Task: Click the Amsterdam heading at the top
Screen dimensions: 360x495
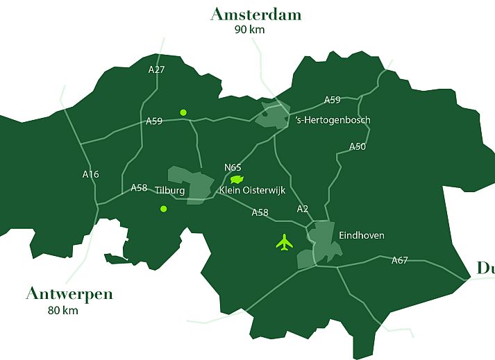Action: [x=255, y=15]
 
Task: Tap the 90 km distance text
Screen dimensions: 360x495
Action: [x=250, y=30]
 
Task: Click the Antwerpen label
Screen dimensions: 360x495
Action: [x=69, y=293]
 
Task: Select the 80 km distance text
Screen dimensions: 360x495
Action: [x=63, y=310]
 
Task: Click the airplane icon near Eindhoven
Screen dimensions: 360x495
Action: [x=285, y=243]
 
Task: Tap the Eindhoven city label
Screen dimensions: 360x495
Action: [x=361, y=236]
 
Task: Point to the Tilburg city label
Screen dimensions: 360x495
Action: [x=170, y=190]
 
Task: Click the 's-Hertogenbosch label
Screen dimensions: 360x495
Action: [x=333, y=120]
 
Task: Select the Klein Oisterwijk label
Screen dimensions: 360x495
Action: [x=252, y=190]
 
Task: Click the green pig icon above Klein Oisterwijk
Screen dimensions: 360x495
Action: [x=238, y=179]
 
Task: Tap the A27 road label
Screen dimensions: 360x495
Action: [x=157, y=69]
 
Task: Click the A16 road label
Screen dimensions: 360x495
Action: [x=90, y=174]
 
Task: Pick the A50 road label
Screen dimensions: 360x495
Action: [x=358, y=146]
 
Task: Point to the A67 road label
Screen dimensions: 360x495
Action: [x=400, y=260]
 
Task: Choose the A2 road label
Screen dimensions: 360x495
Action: [x=302, y=209]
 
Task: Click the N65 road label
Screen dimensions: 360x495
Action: [x=233, y=167]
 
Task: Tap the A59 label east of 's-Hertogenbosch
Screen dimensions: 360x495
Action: [x=333, y=100]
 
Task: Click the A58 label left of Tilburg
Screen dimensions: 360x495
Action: [x=140, y=188]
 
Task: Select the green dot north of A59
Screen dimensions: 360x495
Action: [x=183, y=112]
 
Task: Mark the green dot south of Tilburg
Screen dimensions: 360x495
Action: [x=163, y=209]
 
